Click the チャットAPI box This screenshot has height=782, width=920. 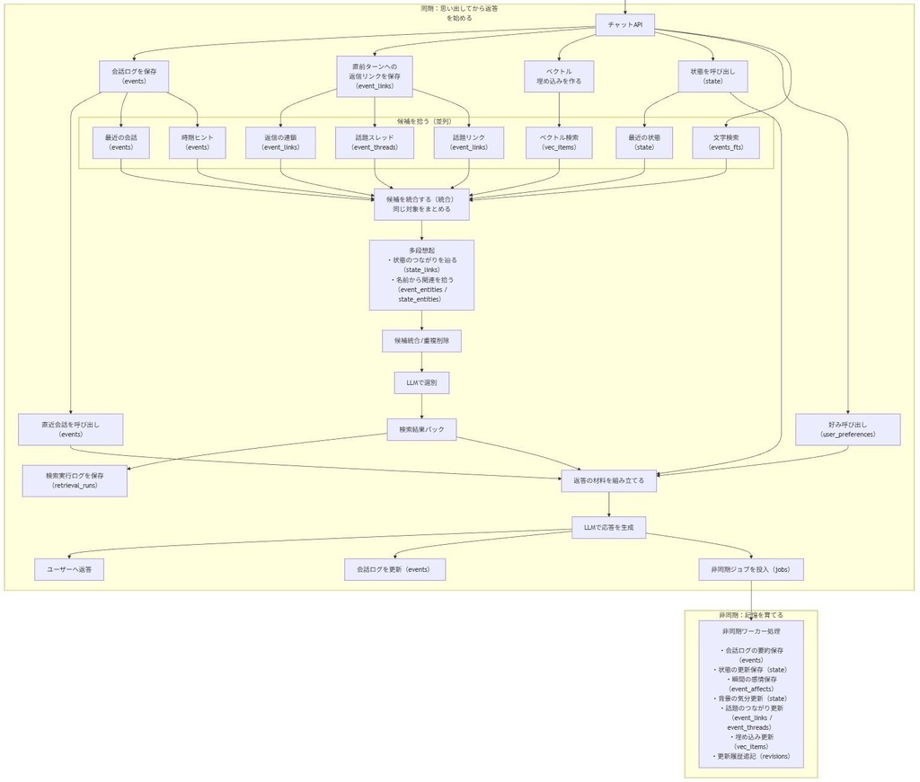[x=625, y=25]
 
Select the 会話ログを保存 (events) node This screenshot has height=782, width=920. [x=134, y=75]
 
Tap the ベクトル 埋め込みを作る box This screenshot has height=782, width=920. [x=559, y=75]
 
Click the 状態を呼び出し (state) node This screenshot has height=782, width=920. [x=712, y=75]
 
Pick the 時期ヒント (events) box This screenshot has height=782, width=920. [x=197, y=142]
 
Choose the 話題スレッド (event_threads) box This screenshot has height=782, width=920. [x=374, y=142]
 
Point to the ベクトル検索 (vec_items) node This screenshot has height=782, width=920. [x=559, y=142]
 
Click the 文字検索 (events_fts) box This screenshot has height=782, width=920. [x=725, y=142]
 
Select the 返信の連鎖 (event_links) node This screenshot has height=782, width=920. [x=280, y=142]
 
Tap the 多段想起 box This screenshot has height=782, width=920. [x=421, y=274]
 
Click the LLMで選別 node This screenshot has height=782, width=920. [x=421, y=382]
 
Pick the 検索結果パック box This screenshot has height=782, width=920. [x=421, y=429]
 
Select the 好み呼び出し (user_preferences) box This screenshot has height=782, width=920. [x=847, y=429]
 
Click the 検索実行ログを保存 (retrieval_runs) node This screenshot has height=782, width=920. [x=75, y=480]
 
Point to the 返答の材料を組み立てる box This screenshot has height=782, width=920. [x=608, y=480]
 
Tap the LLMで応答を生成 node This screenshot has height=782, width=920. [x=608, y=527]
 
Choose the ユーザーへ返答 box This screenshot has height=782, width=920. [x=69, y=569]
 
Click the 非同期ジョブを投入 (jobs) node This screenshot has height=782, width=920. [x=751, y=569]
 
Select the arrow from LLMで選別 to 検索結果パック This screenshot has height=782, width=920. [x=421, y=406]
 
